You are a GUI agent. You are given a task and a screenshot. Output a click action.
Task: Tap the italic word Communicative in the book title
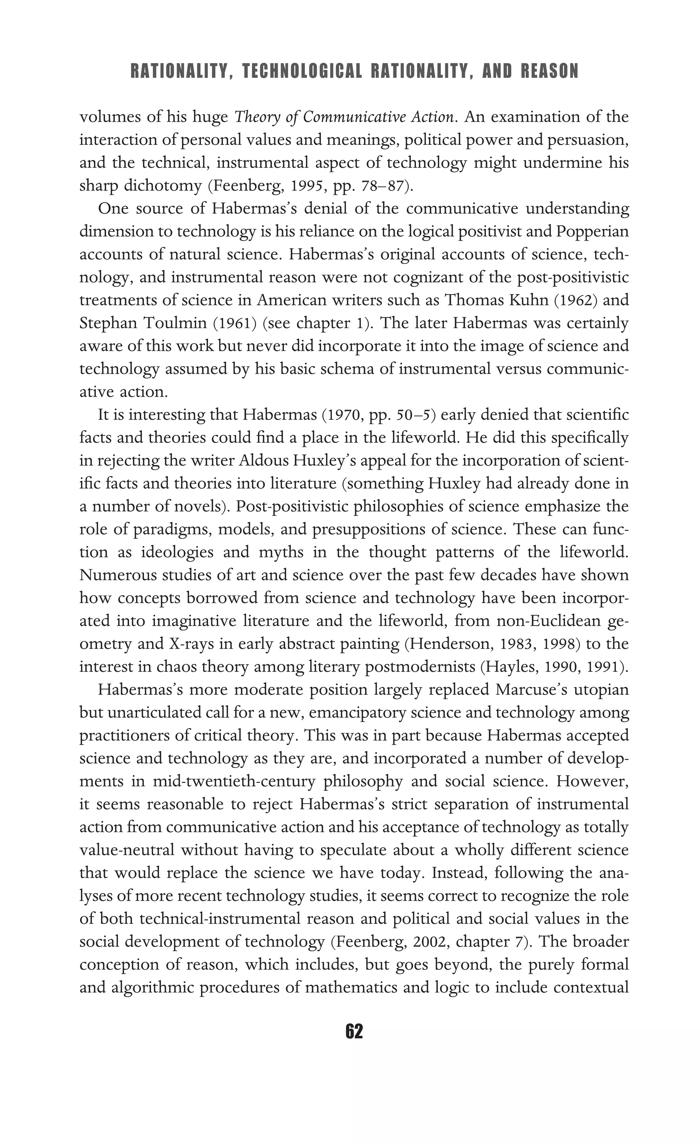(x=355, y=117)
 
